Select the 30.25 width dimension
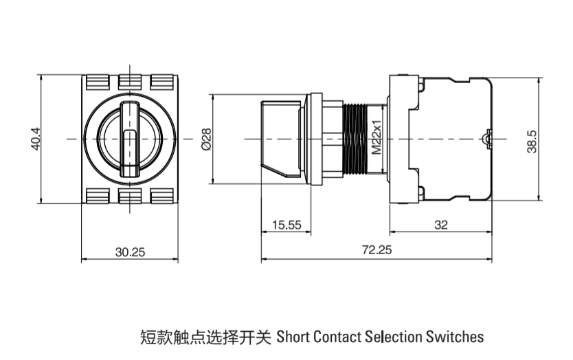(x=130, y=252)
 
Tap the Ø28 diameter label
(x=205, y=139)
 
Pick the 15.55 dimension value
(x=286, y=225)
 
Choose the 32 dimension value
(x=441, y=225)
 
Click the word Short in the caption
(x=293, y=337)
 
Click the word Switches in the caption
(x=455, y=337)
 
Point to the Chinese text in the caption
(x=205, y=337)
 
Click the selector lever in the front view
(x=130, y=137)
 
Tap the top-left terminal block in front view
(x=97, y=82)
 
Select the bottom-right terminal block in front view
(x=163, y=196)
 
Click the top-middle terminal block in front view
(x=130, y=82)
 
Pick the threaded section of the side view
(x=355, y=139)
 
